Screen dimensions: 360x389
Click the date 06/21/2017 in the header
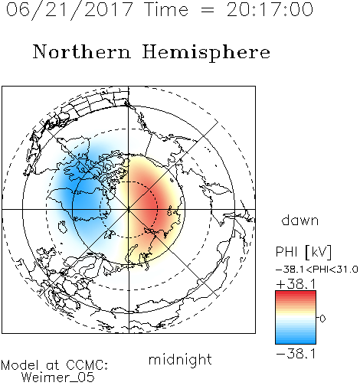pos(69,10)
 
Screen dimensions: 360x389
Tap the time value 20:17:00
pos(270,10)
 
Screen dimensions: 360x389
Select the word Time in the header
pos(166,10)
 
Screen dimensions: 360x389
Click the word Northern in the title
pos(82,52)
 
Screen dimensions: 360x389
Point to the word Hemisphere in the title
pos(206,53)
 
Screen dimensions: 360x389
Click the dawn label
pos(299,221)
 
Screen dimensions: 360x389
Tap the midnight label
pos(180,359)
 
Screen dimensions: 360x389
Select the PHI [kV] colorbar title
pos(303,252)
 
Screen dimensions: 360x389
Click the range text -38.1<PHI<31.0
pos(317,270)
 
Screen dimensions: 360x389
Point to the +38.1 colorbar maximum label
pos(296,284)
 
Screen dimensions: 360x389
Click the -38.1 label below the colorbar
pos(296,354)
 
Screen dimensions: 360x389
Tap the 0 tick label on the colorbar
pos(322,319)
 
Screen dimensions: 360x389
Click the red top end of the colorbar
pos(296,293)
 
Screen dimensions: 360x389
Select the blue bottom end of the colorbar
pos(296,342)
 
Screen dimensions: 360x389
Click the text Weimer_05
pos(57,378)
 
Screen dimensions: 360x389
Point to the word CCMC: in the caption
pos(87,365)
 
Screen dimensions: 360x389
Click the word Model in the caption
pos(20,365)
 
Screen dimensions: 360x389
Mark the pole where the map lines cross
pos(129,209)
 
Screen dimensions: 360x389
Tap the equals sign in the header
pos(208,10)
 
